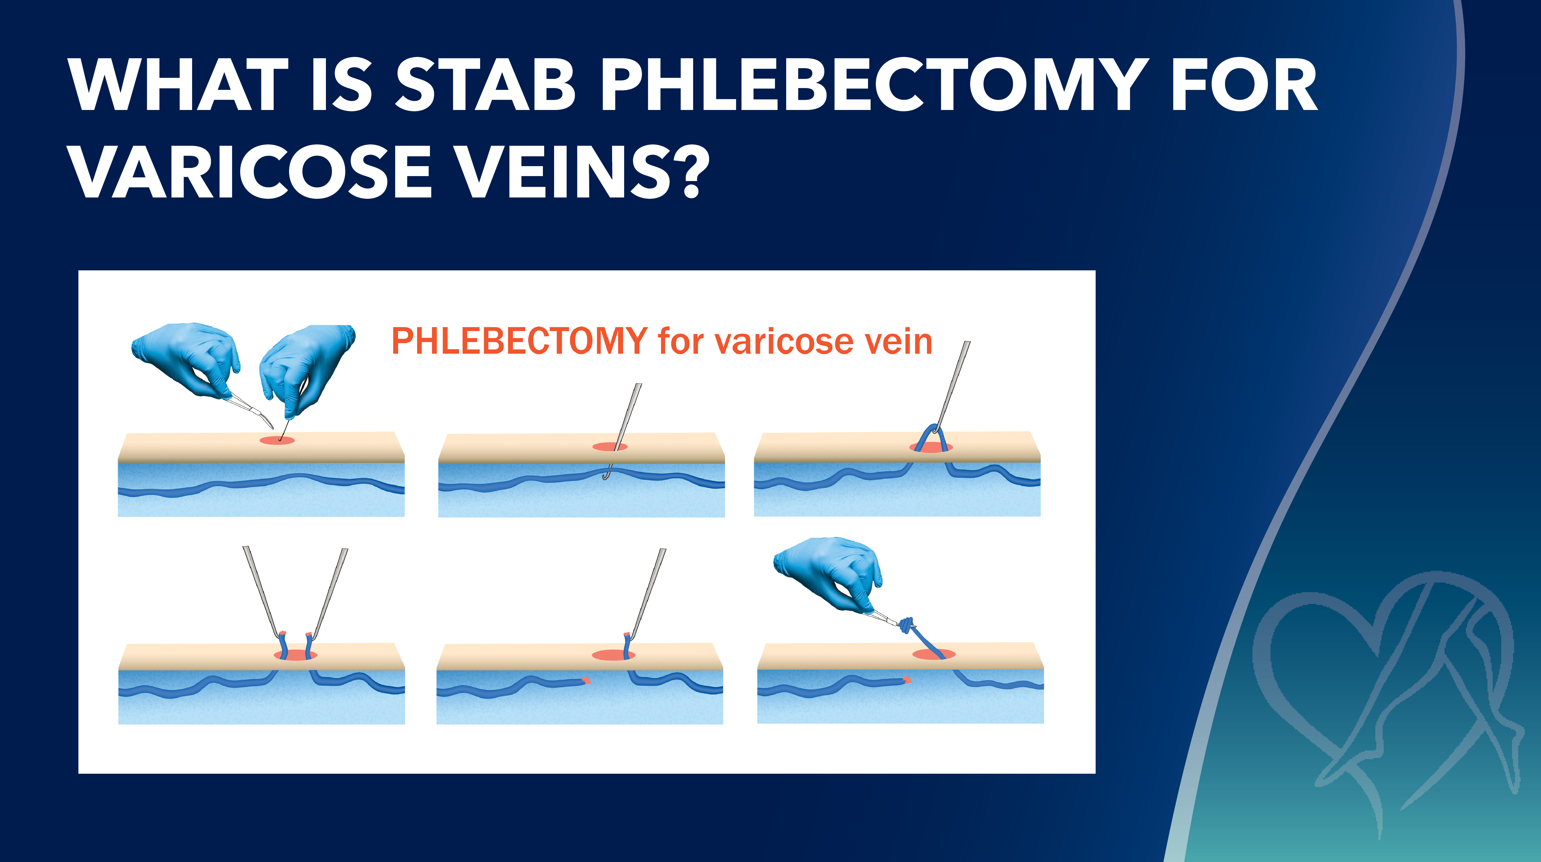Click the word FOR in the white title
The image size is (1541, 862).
tap(1244, 85)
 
